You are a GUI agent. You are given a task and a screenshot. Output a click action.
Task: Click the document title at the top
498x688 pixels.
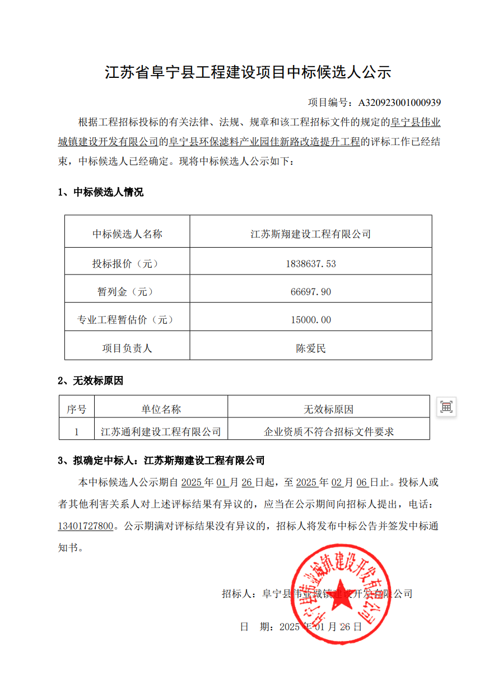tap(248, 72)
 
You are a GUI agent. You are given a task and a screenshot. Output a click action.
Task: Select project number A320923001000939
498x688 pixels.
tap(399, 103)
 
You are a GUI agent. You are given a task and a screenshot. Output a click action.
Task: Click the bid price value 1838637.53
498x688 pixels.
tap(311, 263)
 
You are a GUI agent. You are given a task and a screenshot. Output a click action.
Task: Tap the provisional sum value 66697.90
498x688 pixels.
tap(311, 292)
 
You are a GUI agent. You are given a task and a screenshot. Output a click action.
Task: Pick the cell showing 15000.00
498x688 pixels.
tap(311, 320)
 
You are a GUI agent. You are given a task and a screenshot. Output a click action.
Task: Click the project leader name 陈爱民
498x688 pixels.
tap(311, 348)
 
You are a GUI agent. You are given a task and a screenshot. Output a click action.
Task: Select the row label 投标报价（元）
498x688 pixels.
tap(127, 263)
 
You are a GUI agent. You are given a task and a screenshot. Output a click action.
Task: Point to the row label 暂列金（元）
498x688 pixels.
tap(127, 292)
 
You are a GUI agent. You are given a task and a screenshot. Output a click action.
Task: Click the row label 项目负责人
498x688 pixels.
tap(127, 348)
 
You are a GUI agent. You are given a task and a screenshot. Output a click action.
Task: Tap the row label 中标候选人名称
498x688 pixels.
tap(127, 234)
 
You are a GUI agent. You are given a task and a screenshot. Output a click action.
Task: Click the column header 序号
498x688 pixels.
tap(77, 410)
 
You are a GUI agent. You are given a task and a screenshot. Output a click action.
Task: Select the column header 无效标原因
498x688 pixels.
tap(329, 410)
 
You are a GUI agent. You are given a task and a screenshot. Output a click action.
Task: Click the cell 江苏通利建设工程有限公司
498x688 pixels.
tap(161, 432)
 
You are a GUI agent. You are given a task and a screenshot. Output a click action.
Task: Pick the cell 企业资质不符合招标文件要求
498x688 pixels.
tap(329, 432)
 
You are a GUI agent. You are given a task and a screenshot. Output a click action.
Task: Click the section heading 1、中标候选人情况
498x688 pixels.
tap(101, 193)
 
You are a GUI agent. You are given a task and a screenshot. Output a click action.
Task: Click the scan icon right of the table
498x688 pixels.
tap(446, 407)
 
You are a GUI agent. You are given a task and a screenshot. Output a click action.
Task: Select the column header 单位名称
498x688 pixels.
tap(161, 410)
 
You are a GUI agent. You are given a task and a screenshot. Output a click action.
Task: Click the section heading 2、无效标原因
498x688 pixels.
tap(91, 381)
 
